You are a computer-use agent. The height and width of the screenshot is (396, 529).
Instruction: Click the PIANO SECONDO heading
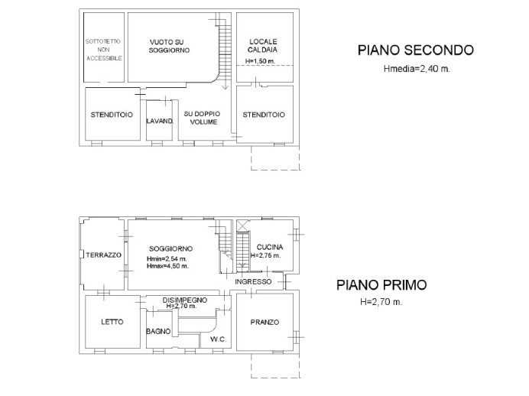tap(416, 50)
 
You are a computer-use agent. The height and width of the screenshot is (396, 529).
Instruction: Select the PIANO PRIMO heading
tap(381, 285)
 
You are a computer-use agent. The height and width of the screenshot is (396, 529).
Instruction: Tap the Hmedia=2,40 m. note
tap(417, 69)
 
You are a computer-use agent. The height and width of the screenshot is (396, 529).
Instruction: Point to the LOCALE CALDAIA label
tap(263, 46)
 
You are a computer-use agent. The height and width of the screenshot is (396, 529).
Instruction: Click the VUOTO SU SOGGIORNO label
tap(169, 46)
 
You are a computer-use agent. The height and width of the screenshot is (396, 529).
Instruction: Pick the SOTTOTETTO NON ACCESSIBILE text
tap(103, 50)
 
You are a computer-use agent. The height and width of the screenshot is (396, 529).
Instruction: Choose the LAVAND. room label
tap(160, 121)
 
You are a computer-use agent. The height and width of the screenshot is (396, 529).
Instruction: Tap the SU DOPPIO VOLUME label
tap(202, 118)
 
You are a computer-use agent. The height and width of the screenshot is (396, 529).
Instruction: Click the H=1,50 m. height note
tap(260, 61)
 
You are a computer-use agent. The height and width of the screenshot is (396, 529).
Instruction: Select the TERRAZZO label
tap(103, 255)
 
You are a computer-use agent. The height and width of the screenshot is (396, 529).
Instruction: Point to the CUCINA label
tap(270, 247)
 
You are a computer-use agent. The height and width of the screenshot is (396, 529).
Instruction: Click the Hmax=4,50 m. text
tap(167, 266)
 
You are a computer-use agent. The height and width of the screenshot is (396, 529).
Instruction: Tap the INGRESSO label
tap(253, 281)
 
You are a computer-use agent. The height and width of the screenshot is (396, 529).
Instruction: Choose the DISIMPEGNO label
tap(185, 300)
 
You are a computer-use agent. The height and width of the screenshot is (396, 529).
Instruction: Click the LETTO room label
tap(112, 322)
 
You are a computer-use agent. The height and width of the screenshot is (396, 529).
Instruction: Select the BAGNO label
tap(158, 331)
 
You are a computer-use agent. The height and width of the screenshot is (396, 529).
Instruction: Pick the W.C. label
tap(219, 339)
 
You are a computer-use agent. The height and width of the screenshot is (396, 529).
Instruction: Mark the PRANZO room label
tap(264, 322)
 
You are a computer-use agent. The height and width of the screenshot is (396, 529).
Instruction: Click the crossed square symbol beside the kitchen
tap(242, 226)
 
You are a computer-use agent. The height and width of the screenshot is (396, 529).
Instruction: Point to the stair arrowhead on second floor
tap(225, 87)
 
